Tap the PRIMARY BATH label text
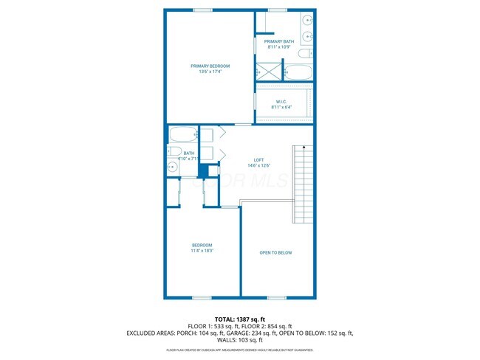[x=284, y=41]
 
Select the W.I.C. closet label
[x=281, y=102]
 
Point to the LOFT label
[x=258, y=159]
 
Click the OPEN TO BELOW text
[x=275, y=253]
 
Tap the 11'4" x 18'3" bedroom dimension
[x=202, y=251]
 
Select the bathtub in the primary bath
[x=299, y=72]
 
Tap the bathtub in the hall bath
[x=182, y=135]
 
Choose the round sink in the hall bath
[x=172, y=166]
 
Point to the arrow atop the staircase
[x=300, y=148]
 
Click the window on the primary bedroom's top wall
[x=203, y=10]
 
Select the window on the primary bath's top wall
[x=278, y=10]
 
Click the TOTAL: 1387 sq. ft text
[x=240, y=319]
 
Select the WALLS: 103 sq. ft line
[x=240, y=340]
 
